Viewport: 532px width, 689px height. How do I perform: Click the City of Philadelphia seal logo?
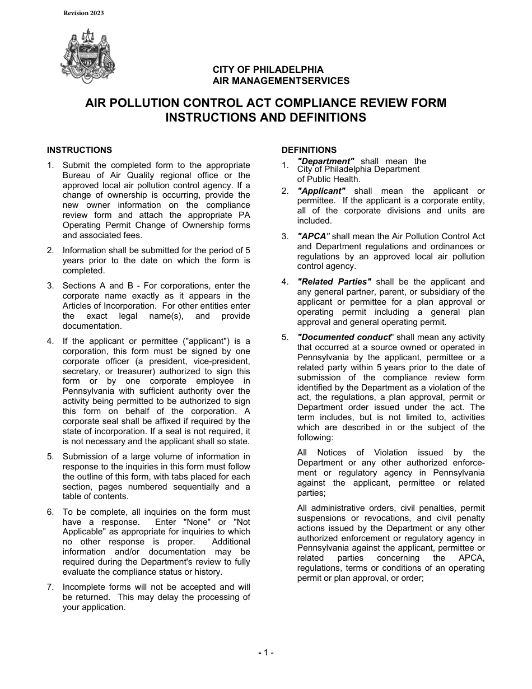tap(87, 56)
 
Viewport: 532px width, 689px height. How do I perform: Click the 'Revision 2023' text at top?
tap(83, 13)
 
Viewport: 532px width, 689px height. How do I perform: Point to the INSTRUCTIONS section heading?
tap(79, 150)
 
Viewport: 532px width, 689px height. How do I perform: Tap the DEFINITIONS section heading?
tap(309, 150)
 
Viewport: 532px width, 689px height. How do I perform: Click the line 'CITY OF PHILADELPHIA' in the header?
tap(268, 70)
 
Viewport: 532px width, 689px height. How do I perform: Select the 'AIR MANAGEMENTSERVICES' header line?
tap(281, 81)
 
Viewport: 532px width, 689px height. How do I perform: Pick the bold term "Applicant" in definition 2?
tap(321, 191)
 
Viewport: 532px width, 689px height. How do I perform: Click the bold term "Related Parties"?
tap(334, 282)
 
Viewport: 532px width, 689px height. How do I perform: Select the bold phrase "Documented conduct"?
tap(344, 337)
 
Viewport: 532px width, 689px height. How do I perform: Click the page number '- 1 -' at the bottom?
tap(265, 653)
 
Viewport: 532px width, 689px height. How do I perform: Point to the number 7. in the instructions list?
tap(50, 587)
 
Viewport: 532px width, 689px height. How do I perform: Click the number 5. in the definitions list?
tap(285, 337)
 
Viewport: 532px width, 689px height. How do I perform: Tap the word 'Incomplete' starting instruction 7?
tap(84, 587)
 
